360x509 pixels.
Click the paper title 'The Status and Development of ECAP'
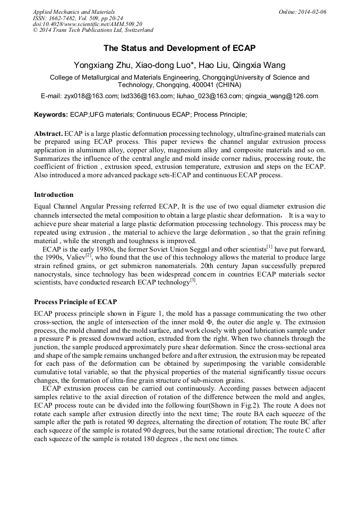[179, 48]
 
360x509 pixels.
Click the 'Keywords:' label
[51, 114]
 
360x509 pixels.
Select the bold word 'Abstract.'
[48, 134]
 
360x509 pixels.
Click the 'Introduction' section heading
[54, 194]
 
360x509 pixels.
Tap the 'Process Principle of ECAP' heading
[75, 301]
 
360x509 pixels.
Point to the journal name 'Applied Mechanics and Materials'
[73, 12]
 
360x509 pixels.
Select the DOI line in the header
[88, 24]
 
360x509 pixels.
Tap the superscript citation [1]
[270, 246]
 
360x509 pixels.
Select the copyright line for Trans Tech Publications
[93, 30]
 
